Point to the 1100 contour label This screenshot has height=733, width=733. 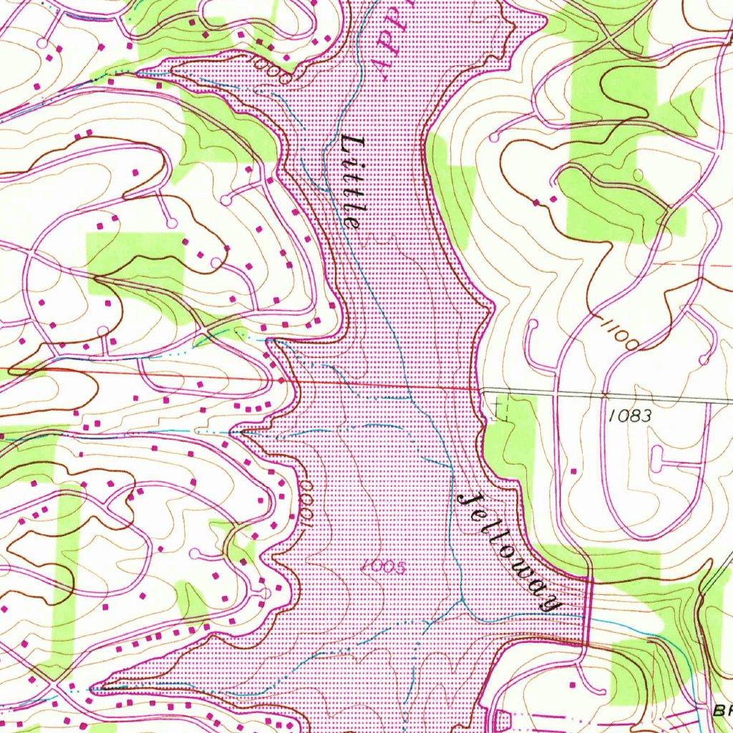click(x=620, y=335)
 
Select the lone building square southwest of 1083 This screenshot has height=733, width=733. click(x=573, y=470)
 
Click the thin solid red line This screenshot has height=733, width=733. click(x=215, y=377)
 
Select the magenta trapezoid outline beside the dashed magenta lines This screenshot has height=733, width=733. click(x=501, y=718)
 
